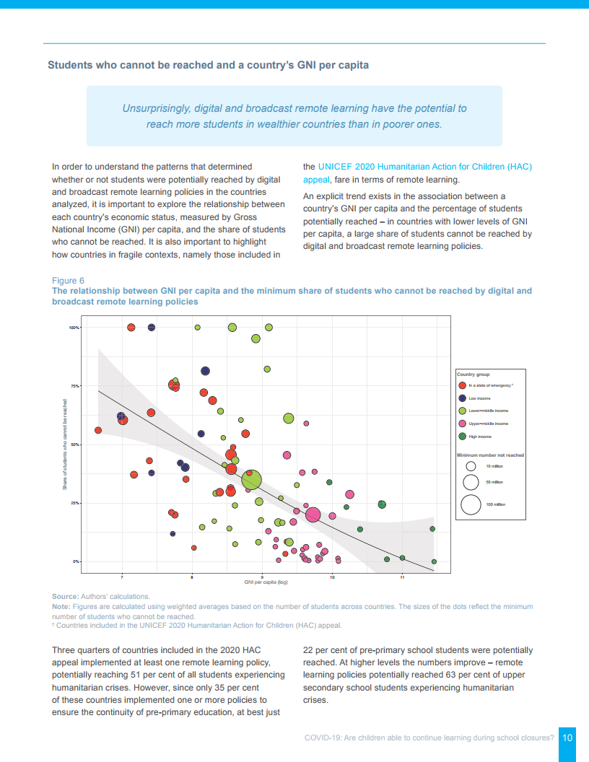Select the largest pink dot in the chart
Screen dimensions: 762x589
[x=313, y=514]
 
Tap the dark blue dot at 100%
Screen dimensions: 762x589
[x=152, y=328]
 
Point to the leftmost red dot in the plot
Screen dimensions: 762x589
[x=98, y=430]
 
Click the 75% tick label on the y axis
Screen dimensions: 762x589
[x=74, y=386]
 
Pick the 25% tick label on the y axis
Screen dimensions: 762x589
[x=74, y=503]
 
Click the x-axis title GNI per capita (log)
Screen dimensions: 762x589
[x=261, y=582]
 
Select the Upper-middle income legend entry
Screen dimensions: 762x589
[x=488, y=424]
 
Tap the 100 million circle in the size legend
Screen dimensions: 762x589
[x=471, y=504]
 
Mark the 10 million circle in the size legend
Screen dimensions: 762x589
[x=471, y=466]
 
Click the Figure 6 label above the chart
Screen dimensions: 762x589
[x=68, y=280]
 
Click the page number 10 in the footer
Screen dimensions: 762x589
[x=567, y=737]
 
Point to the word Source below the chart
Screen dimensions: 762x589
[x=65, y=597]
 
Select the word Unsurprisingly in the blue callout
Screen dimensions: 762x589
[x=156, y=108]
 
